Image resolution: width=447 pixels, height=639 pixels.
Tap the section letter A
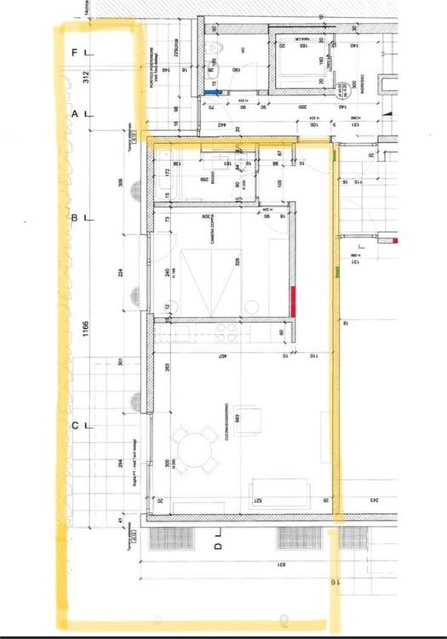point(75,113)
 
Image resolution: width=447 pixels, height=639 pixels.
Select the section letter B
point(74,218)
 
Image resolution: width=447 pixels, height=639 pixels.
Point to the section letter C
point(75,426)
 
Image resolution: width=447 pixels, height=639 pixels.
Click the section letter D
point(218,545)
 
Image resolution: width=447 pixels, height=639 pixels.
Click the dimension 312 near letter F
point(85,78)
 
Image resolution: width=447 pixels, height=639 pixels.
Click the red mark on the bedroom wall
point(292,301)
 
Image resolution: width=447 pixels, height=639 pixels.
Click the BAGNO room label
point(204,179)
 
